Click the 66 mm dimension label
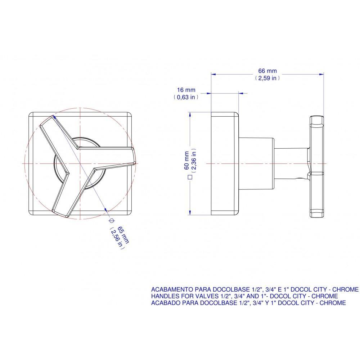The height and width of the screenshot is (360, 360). point(267,71)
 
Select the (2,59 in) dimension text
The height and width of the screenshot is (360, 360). point(267,78)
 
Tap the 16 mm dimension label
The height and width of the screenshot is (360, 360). point(186,90)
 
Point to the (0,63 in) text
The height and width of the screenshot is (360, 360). point(186,96)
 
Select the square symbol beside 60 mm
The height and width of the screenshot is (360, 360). point(188,177)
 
